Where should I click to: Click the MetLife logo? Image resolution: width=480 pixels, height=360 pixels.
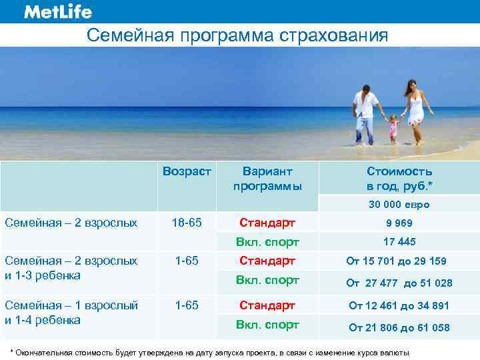click(57, 12)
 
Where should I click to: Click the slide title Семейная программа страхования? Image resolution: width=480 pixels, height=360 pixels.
click(237, 35)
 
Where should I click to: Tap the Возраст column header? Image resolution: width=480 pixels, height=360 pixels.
click(187, 172)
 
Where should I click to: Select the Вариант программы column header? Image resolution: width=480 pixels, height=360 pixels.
click(267, 179)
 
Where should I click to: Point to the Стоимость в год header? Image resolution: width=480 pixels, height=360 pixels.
click(399, 179)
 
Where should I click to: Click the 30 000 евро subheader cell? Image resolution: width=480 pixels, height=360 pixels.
click(399, 205)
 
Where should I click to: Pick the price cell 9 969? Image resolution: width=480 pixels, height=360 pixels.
click(399, 223)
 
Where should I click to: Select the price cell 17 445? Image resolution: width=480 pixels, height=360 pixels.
click(399, 241)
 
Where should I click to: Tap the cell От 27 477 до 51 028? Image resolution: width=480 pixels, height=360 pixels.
click(399, 283)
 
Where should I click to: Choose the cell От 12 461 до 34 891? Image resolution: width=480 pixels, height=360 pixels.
click(399, 305)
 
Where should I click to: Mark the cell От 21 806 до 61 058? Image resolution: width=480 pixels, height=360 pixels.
click(399, 327)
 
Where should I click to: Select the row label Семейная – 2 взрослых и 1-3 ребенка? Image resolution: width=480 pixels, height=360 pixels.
click(71, 267)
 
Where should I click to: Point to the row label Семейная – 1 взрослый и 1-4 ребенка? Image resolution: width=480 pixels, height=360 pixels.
click(71, 312)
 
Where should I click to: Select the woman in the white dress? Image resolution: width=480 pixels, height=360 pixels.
click(415, 109)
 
